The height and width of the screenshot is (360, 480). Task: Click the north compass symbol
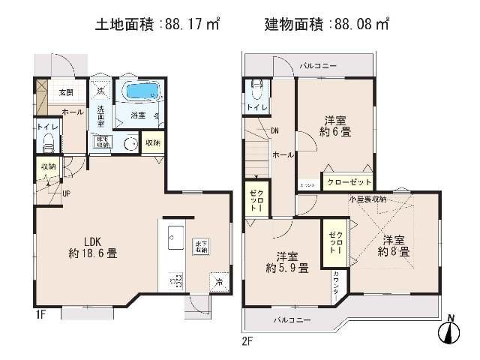pos(450,331)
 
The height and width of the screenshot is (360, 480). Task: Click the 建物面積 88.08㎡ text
pos(327,25)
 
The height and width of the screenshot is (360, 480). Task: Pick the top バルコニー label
pos(318,66)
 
